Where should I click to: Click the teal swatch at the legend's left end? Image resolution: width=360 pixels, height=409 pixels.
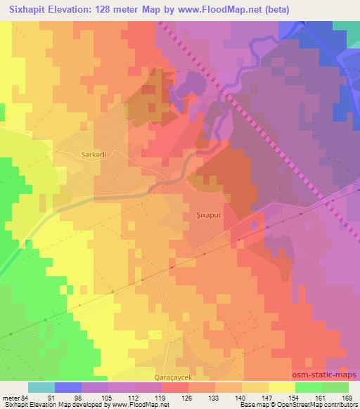[41, 387]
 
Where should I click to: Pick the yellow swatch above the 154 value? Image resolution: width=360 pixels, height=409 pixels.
[281, 387]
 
